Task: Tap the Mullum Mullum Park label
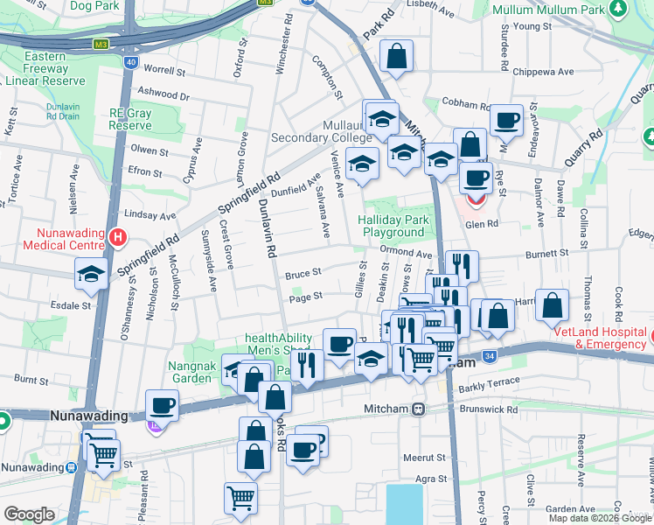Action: tap(549, 10)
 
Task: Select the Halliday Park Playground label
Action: tap(392, 226)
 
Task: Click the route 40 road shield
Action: tap(129, 62)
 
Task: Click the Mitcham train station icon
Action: tap(419, 409)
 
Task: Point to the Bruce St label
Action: tap(304, 273)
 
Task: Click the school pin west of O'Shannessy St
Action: tap(91, 273)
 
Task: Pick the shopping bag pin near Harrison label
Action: tap(553, 307)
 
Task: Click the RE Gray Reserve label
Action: tap(130, 119)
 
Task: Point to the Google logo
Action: tap(29, 514)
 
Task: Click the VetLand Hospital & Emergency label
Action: tap(601, 338)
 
